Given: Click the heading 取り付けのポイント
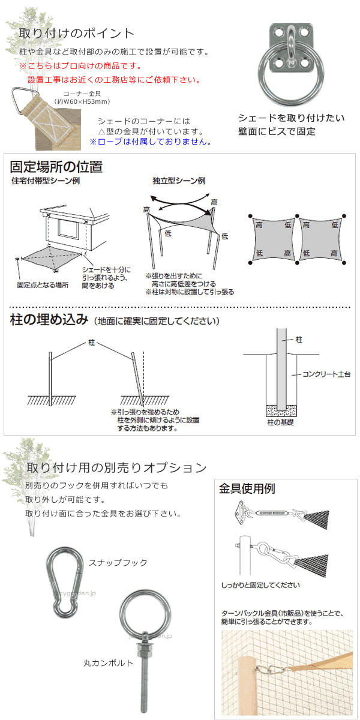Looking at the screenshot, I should pyautogui.click(x=76, y=33).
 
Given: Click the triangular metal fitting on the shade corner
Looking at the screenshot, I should pyautogui.click(x=26, y=96).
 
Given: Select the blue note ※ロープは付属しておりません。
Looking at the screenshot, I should pyautogui.click(x=150, y=142).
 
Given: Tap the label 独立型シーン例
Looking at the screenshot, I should pyautogui.click(x=179, y=181).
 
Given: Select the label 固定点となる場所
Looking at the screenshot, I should pyautogui.click(x=43, y=285).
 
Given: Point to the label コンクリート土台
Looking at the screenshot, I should pyautogui.click(x=326, y=374).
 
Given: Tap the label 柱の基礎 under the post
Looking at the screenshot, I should pyautogui.click(x=280, y=424).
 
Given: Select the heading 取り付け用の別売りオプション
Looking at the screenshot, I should pyautogui.click(x=116, y=467).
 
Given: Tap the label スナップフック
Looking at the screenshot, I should pyautogui.click(x=118, y=563).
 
